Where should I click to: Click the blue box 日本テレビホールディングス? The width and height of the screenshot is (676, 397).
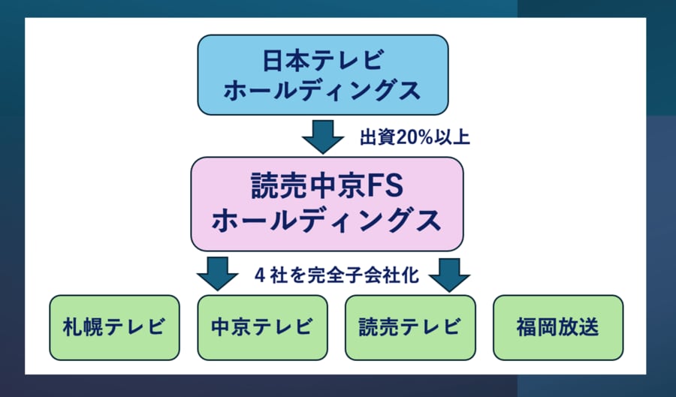point(323,74)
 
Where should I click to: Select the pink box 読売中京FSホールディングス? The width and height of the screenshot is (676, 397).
point(327,203)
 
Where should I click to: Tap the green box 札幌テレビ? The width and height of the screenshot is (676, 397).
point(115,327)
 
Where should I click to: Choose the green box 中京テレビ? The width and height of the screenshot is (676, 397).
point(262,327)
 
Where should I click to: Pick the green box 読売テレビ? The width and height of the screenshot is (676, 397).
point(410,327)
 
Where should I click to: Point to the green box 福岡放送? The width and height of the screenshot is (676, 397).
point(558,327)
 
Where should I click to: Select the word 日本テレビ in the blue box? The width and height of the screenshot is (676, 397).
point(323,59)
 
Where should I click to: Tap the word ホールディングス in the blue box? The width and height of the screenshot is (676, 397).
point(323,91)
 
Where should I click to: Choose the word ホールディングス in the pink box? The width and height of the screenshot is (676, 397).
point(327,221)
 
